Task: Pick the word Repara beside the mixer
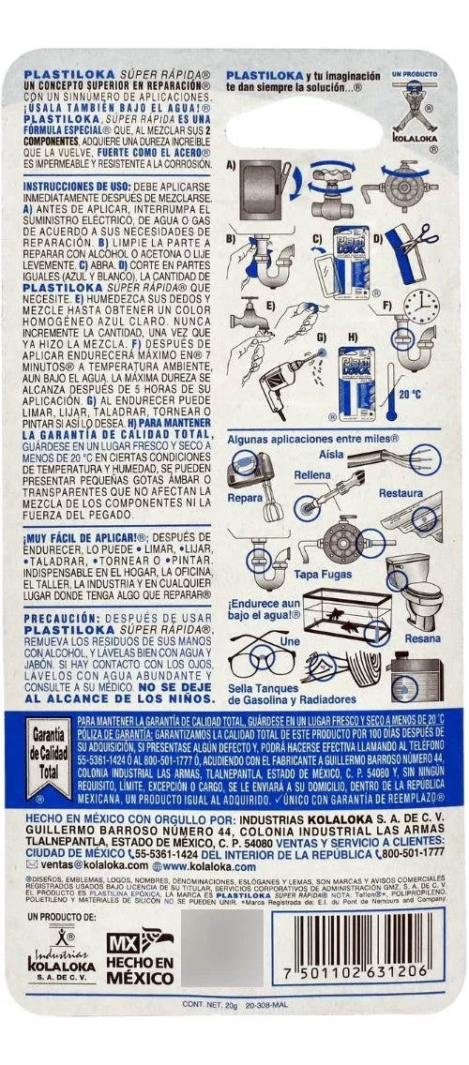coord(245,498)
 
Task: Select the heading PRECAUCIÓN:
coord(62,618)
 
